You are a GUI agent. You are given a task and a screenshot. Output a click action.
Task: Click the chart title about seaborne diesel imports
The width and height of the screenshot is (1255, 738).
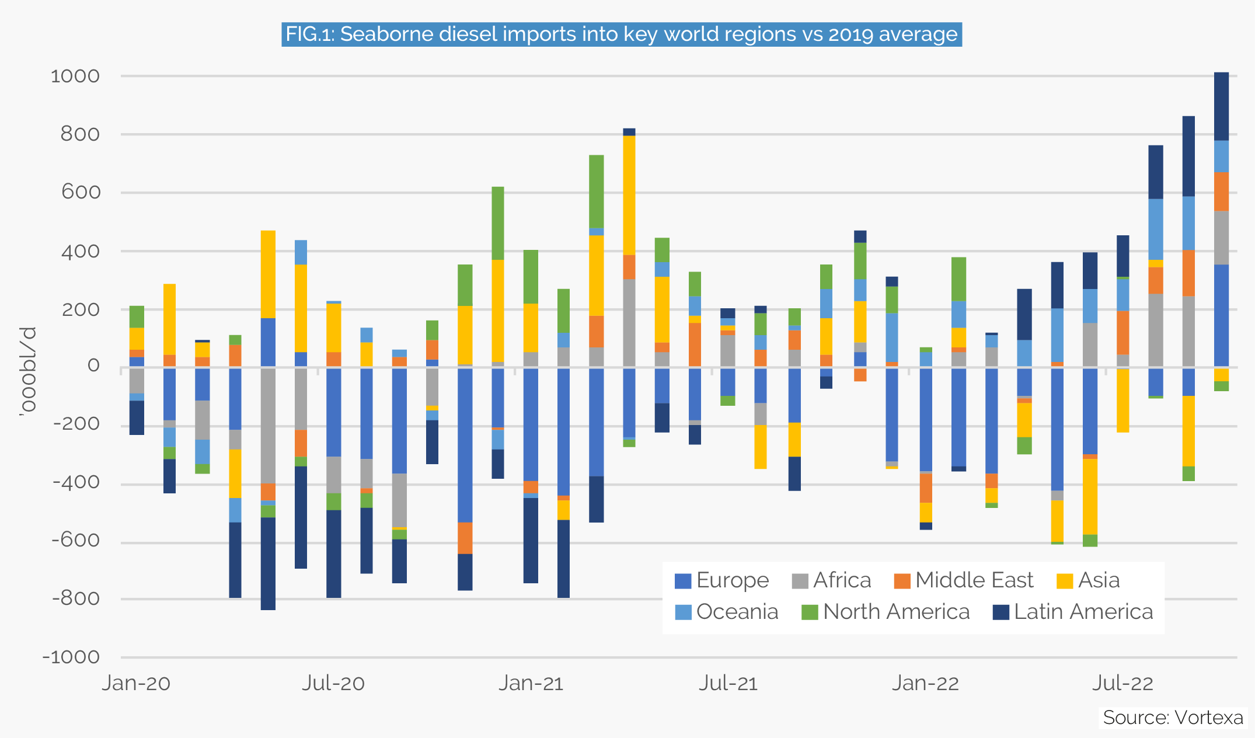[622, 34]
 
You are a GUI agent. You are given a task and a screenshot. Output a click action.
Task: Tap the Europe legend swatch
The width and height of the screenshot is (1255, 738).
[682, 581]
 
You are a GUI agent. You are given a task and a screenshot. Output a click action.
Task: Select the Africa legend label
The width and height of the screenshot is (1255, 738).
[842, 580]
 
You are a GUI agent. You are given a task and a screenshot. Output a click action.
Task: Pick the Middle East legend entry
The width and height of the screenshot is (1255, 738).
[963, 580]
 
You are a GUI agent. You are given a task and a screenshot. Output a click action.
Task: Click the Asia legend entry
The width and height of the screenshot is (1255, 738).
[1088, 580]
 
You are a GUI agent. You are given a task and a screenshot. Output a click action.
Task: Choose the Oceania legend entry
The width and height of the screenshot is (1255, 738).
[726, 612]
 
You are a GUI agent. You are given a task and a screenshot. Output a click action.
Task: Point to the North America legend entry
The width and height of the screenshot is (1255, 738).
[885, 612]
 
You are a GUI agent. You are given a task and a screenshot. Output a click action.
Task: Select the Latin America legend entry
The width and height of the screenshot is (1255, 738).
[1073, 612]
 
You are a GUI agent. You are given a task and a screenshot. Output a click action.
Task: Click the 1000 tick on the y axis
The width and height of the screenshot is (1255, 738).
[75, 76]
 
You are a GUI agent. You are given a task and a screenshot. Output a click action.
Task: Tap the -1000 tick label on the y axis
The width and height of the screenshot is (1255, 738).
[71, 657]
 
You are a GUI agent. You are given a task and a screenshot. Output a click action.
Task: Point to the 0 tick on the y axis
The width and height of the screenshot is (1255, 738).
[93, 366]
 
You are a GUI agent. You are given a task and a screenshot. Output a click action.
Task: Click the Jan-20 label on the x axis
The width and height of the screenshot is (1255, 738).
[136, 683]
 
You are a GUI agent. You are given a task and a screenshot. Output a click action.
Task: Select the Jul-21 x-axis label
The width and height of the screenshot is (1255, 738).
[728, 683]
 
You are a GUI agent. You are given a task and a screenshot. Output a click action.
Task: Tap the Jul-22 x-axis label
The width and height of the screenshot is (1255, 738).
[1122, 683]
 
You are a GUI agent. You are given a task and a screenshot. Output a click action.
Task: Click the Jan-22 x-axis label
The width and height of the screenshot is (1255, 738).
[925, 683]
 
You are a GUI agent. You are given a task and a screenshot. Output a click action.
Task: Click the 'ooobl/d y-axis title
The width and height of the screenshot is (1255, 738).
[27, 371]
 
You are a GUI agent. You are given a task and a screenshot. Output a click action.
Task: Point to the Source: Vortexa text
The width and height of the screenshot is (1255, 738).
[1173, 717]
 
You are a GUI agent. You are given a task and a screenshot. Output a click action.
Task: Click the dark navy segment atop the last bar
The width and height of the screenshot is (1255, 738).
[1221, 106]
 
